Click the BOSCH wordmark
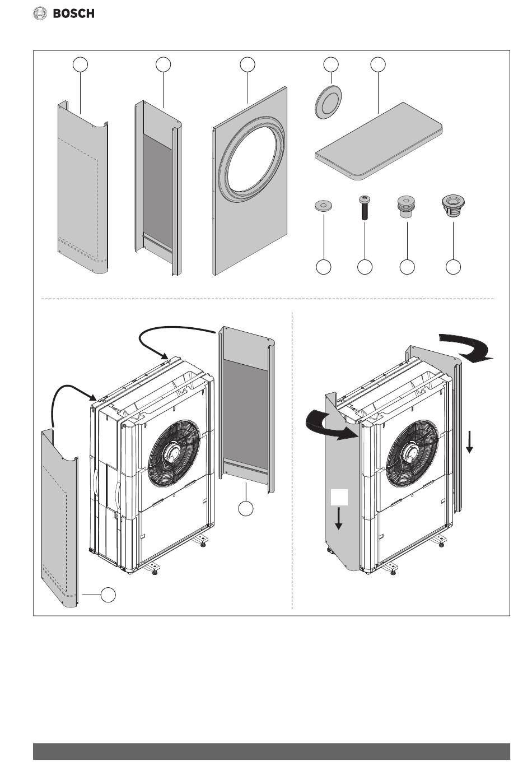click(x=74, y=13)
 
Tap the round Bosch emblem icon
click(x=40, y=13)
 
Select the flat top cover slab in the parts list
click(x=378, y=141)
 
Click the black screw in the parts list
click(x=365, y=207)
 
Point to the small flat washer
click(x=323, y=206)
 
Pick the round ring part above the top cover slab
click(x=328, y=102)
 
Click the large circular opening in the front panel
click(x=250, y=159)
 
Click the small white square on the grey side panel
click(x=339, y=497)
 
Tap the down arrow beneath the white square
click(x=338, y=518)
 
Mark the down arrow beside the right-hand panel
click(x=469, y=442)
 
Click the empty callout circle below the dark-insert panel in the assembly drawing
click(x=246, y=508)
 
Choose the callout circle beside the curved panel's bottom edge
click(x=108, y=595)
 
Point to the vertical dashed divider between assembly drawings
click(x=292, y=460)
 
